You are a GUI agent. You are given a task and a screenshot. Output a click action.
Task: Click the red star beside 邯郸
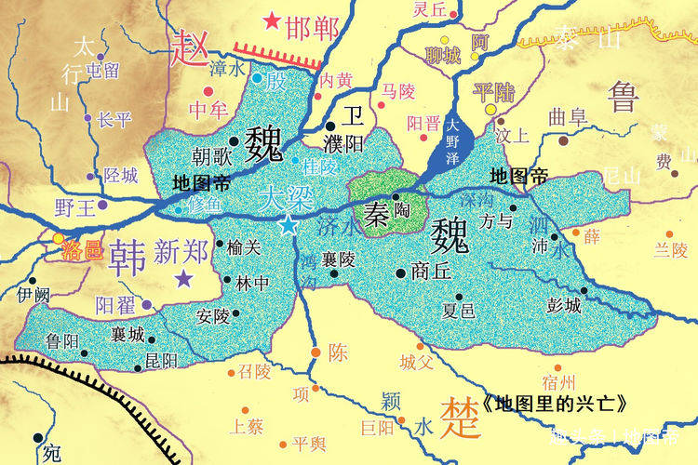[x=272, y=20]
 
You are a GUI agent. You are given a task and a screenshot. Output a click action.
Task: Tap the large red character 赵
[x=188, y=46]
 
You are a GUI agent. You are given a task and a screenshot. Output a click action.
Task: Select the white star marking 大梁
[x=289, y=225]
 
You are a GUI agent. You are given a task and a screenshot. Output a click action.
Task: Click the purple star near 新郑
[x=184, y=278]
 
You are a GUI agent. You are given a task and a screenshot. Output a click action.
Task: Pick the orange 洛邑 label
[x=82, y=249]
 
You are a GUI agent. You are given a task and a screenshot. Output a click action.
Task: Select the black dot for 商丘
[x=400, y=272]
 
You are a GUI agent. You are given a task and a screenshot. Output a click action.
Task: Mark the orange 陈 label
[x=337, y=352]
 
